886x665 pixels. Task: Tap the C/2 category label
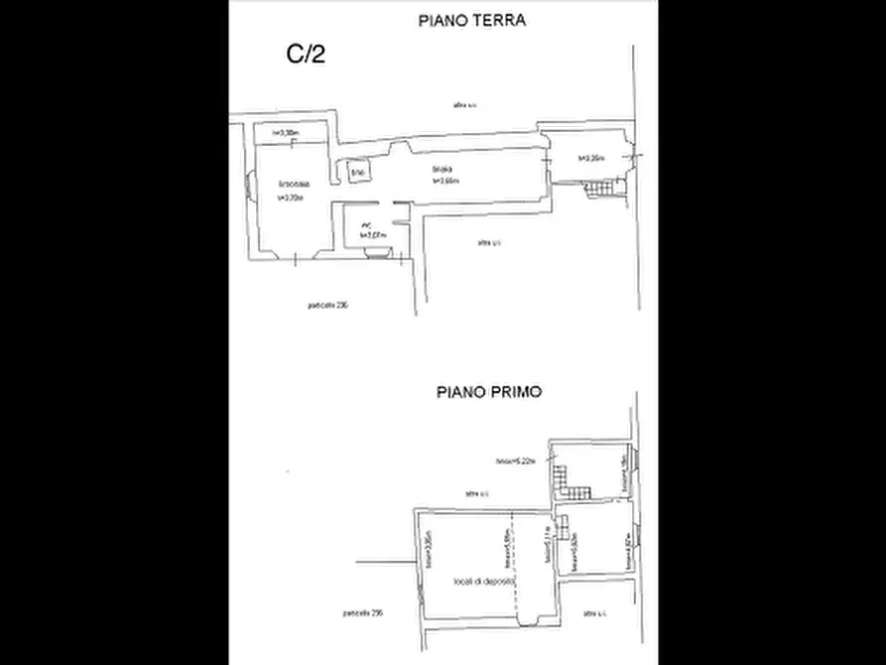coord(307,55)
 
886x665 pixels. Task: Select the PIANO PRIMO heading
coord(489,392)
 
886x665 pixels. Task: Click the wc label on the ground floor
coord(367,226)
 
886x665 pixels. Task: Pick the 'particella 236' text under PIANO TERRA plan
coord(327,305)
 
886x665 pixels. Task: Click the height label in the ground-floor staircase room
coord(591,159)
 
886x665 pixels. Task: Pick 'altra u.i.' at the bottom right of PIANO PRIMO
coord(594,611)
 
